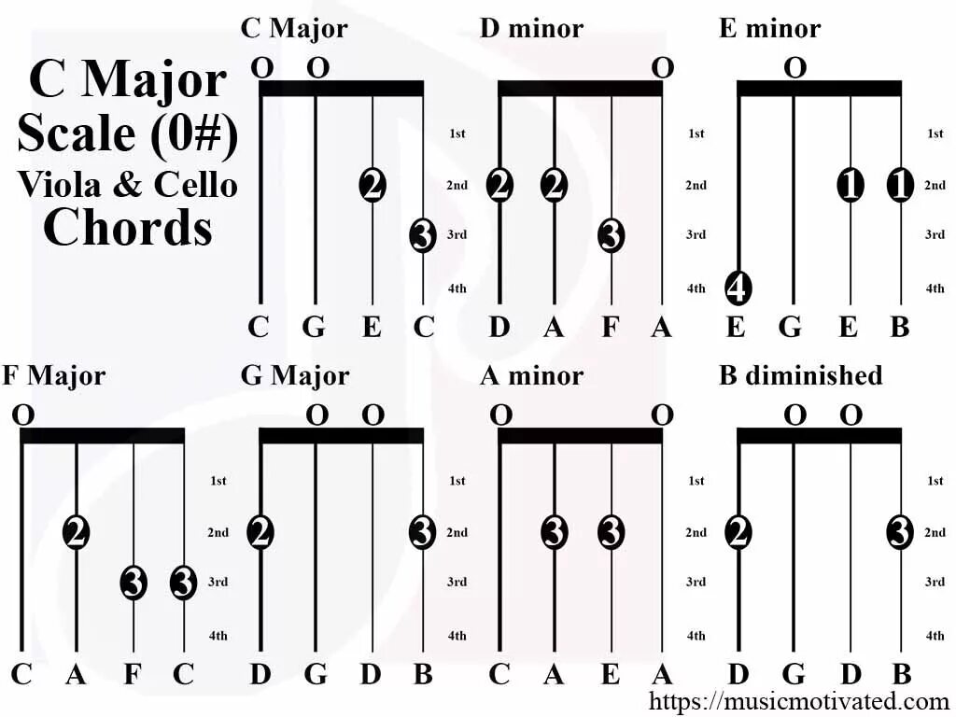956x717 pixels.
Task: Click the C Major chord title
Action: (294, 28)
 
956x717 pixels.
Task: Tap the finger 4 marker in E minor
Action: (738, 288)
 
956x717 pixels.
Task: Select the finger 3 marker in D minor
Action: (611, 234)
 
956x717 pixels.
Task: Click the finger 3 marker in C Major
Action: (423, 234)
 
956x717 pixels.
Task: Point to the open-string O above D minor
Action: (662, 67)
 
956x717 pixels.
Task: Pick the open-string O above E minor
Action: (794, 67)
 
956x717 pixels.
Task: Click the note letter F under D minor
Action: (611, 328)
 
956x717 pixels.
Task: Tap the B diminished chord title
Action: (800, 375)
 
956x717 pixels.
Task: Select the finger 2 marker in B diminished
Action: (738, 532)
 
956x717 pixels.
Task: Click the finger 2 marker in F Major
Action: (77, 532)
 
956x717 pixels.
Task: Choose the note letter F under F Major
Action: (132, 674)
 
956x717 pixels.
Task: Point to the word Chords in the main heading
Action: (128, 227)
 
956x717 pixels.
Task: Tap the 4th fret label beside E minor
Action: (935, 288)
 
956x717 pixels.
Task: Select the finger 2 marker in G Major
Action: (260, 532)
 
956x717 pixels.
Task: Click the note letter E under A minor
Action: (611, 674)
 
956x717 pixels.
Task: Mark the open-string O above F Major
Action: (22, 415)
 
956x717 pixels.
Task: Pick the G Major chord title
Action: (295, 375)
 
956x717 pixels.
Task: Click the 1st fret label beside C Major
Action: (457, 134)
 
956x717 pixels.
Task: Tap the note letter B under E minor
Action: (900, 328)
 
